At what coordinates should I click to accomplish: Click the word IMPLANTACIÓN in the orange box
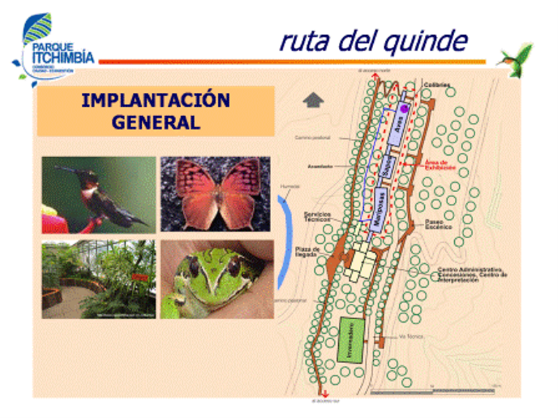[x=155, y=100]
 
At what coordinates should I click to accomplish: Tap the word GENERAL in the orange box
[x=155, y=122]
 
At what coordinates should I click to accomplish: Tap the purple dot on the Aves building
[x=403, y=109]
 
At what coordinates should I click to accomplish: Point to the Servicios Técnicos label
[x=316, y=216]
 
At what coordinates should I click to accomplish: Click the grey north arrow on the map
[x=313, y=99]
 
